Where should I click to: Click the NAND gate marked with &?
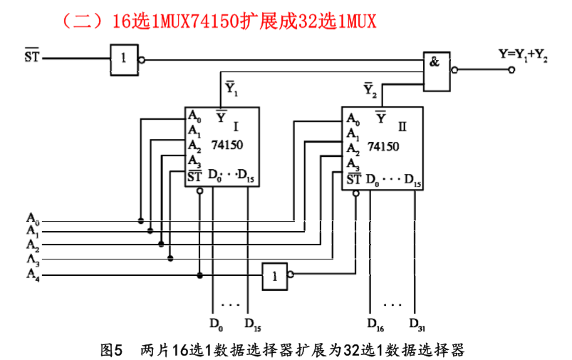coord(436,70)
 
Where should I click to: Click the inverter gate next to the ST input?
coord(123,59)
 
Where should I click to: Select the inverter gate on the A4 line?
coord(274,276)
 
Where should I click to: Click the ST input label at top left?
coord(32,56)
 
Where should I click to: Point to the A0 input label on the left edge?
coord(33,217)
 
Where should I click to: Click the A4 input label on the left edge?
coord(33,274)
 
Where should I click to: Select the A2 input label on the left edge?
coord(33,245)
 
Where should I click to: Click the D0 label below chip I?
coord(216,324)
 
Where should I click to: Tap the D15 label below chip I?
coord(252,324)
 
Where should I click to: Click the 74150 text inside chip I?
coord(227,145)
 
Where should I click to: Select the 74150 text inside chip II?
coord(383,146)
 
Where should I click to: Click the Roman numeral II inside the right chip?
coord(402,127)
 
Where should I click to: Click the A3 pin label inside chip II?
coord(353,165)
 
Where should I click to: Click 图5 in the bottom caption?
coord(113,349)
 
